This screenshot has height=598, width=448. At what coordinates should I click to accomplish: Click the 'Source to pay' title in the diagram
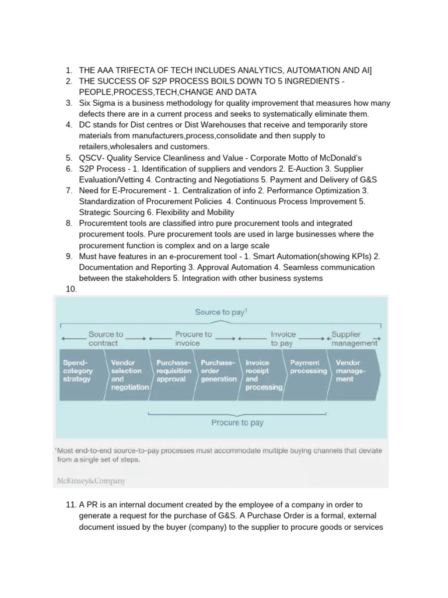(220, 312)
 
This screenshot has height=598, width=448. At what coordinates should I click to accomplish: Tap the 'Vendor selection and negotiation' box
(128, 375)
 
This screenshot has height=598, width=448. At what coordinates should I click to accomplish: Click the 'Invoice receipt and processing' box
(263, 375)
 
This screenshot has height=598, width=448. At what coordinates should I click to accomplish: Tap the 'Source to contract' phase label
(106, 339)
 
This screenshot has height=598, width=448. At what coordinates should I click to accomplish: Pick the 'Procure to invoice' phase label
(193, 339)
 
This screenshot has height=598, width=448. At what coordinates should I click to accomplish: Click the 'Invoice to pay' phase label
(283, 339)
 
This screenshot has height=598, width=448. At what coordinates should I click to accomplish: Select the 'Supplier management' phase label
(353, 339)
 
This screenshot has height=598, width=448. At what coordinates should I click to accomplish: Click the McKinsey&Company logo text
(91, 481)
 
